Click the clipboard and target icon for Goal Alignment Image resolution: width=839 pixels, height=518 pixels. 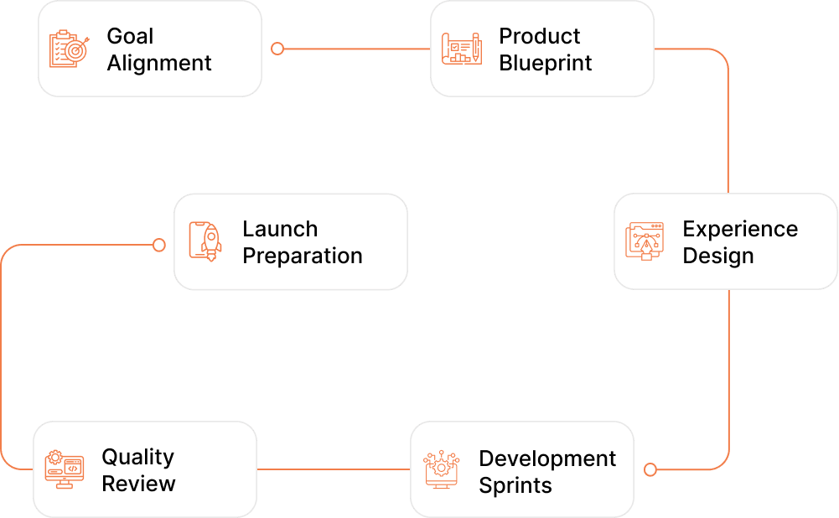(69, 49)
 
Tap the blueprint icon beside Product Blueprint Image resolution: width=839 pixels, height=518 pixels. (461, 49)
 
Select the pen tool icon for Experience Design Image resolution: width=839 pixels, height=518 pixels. (645, 241)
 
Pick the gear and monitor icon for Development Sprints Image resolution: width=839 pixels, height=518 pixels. (441, 469)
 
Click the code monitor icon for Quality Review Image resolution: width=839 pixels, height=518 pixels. (65, 469)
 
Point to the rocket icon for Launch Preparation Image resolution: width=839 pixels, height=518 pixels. (205, 241)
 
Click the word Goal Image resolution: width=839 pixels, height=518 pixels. (130, 36)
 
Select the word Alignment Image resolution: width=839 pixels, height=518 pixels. (159, 63)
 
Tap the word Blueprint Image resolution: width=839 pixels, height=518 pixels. (546, 63)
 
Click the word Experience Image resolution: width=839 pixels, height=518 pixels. (741, 230)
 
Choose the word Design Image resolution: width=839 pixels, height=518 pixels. (718, 256)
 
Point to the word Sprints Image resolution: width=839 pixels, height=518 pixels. (515, 486)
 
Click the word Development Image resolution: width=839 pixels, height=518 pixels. (547, 459)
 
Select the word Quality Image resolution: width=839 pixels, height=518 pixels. (138, 458)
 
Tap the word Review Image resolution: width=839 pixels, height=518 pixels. (138, 484)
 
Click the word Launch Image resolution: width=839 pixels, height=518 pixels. (280, 229)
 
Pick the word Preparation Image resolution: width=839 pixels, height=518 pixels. (303, 256)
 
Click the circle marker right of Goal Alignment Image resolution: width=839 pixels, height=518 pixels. (277, 49)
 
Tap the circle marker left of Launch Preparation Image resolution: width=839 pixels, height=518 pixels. (159, 245)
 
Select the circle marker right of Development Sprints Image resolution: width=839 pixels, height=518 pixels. (650, 470)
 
